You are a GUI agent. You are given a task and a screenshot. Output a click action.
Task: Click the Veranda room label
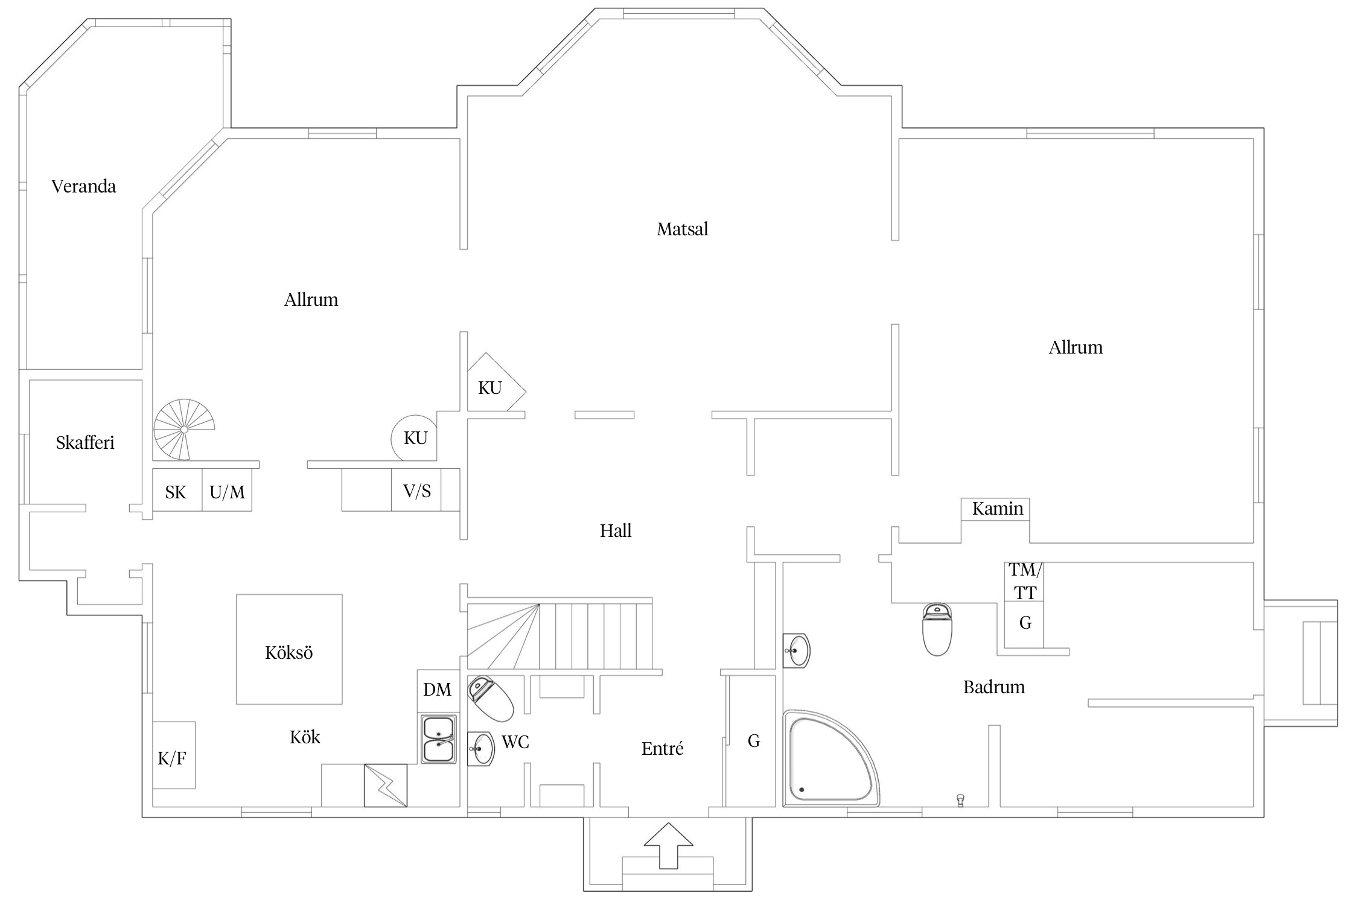(x=83, y=186)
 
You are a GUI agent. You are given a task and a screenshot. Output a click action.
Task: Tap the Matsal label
(x=682, y=229)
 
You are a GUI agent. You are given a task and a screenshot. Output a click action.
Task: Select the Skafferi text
(x=85, y=443)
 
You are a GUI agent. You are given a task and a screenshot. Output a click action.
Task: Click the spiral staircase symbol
(x=183, y=429)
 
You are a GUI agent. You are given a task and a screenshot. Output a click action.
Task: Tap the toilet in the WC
(x=490, y=698)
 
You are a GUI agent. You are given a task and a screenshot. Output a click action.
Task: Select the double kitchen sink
(x=438, y=740)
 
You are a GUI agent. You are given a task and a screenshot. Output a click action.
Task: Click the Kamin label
(x=997, y=509)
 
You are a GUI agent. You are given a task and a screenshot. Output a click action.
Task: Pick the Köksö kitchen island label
(x=289, y=653)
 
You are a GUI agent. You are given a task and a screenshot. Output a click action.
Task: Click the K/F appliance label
(x=172, y=759)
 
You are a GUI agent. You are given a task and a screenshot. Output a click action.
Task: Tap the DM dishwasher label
(x=437, y=690)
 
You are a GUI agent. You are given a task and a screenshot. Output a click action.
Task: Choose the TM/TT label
(x=1025, y=581)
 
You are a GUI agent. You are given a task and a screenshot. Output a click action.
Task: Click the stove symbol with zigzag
(x=385, y=785)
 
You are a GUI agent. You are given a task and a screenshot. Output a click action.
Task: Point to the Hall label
(x=616, y=531)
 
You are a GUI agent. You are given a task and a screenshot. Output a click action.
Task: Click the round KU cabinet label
(x=415, y=438)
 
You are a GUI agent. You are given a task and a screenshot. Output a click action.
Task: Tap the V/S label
(x=417, y=491)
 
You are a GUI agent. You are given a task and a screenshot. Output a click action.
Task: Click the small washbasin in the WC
(x=480, y=749)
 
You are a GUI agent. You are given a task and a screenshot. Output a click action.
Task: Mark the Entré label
(x=662, y=749)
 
